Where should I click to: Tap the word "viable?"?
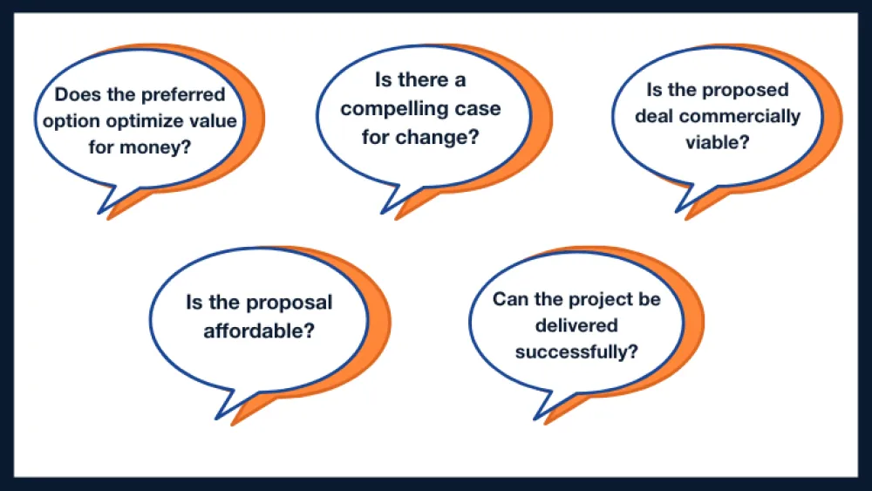[x=716, y=141]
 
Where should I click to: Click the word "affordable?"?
[x=259, y=331]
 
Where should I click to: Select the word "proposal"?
[x=287, y=303]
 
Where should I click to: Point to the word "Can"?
[x=509, y=299]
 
